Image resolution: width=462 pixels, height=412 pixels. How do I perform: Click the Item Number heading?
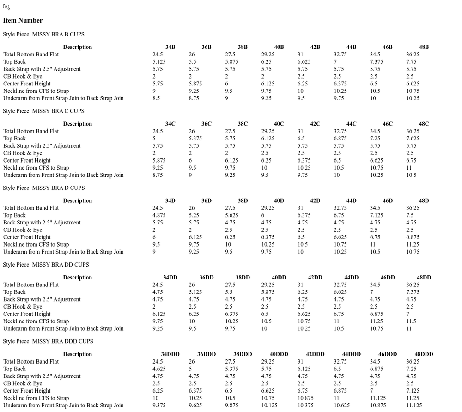coord(23,20)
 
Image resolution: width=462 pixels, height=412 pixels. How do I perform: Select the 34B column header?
coord(170,47)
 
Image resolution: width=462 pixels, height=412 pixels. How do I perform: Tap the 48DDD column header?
coord(424,354)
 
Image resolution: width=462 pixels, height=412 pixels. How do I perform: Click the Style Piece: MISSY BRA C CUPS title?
coord(43,111)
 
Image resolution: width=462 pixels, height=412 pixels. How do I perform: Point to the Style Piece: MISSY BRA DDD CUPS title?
coord(48,341)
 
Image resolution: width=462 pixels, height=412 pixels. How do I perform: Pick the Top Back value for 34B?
coord(159,62)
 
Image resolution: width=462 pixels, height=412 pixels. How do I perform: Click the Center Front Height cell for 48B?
coord(413,84)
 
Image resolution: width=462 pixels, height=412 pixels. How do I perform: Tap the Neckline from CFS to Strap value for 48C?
coord(409,168)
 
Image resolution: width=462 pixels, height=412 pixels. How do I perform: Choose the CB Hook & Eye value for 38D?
coord(230,230)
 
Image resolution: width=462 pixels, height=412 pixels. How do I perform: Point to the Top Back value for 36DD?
coord(195,292)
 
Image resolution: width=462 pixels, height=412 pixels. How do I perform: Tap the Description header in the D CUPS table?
coord(77,200)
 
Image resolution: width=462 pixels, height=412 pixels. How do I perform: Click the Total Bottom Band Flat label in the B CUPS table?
coord(31,55)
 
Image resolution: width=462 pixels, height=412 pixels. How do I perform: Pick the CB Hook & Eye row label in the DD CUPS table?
coord(23,307)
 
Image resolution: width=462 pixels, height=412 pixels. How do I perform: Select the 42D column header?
coord(315,200)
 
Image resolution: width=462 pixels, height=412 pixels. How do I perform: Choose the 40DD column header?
coord(278,278)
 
